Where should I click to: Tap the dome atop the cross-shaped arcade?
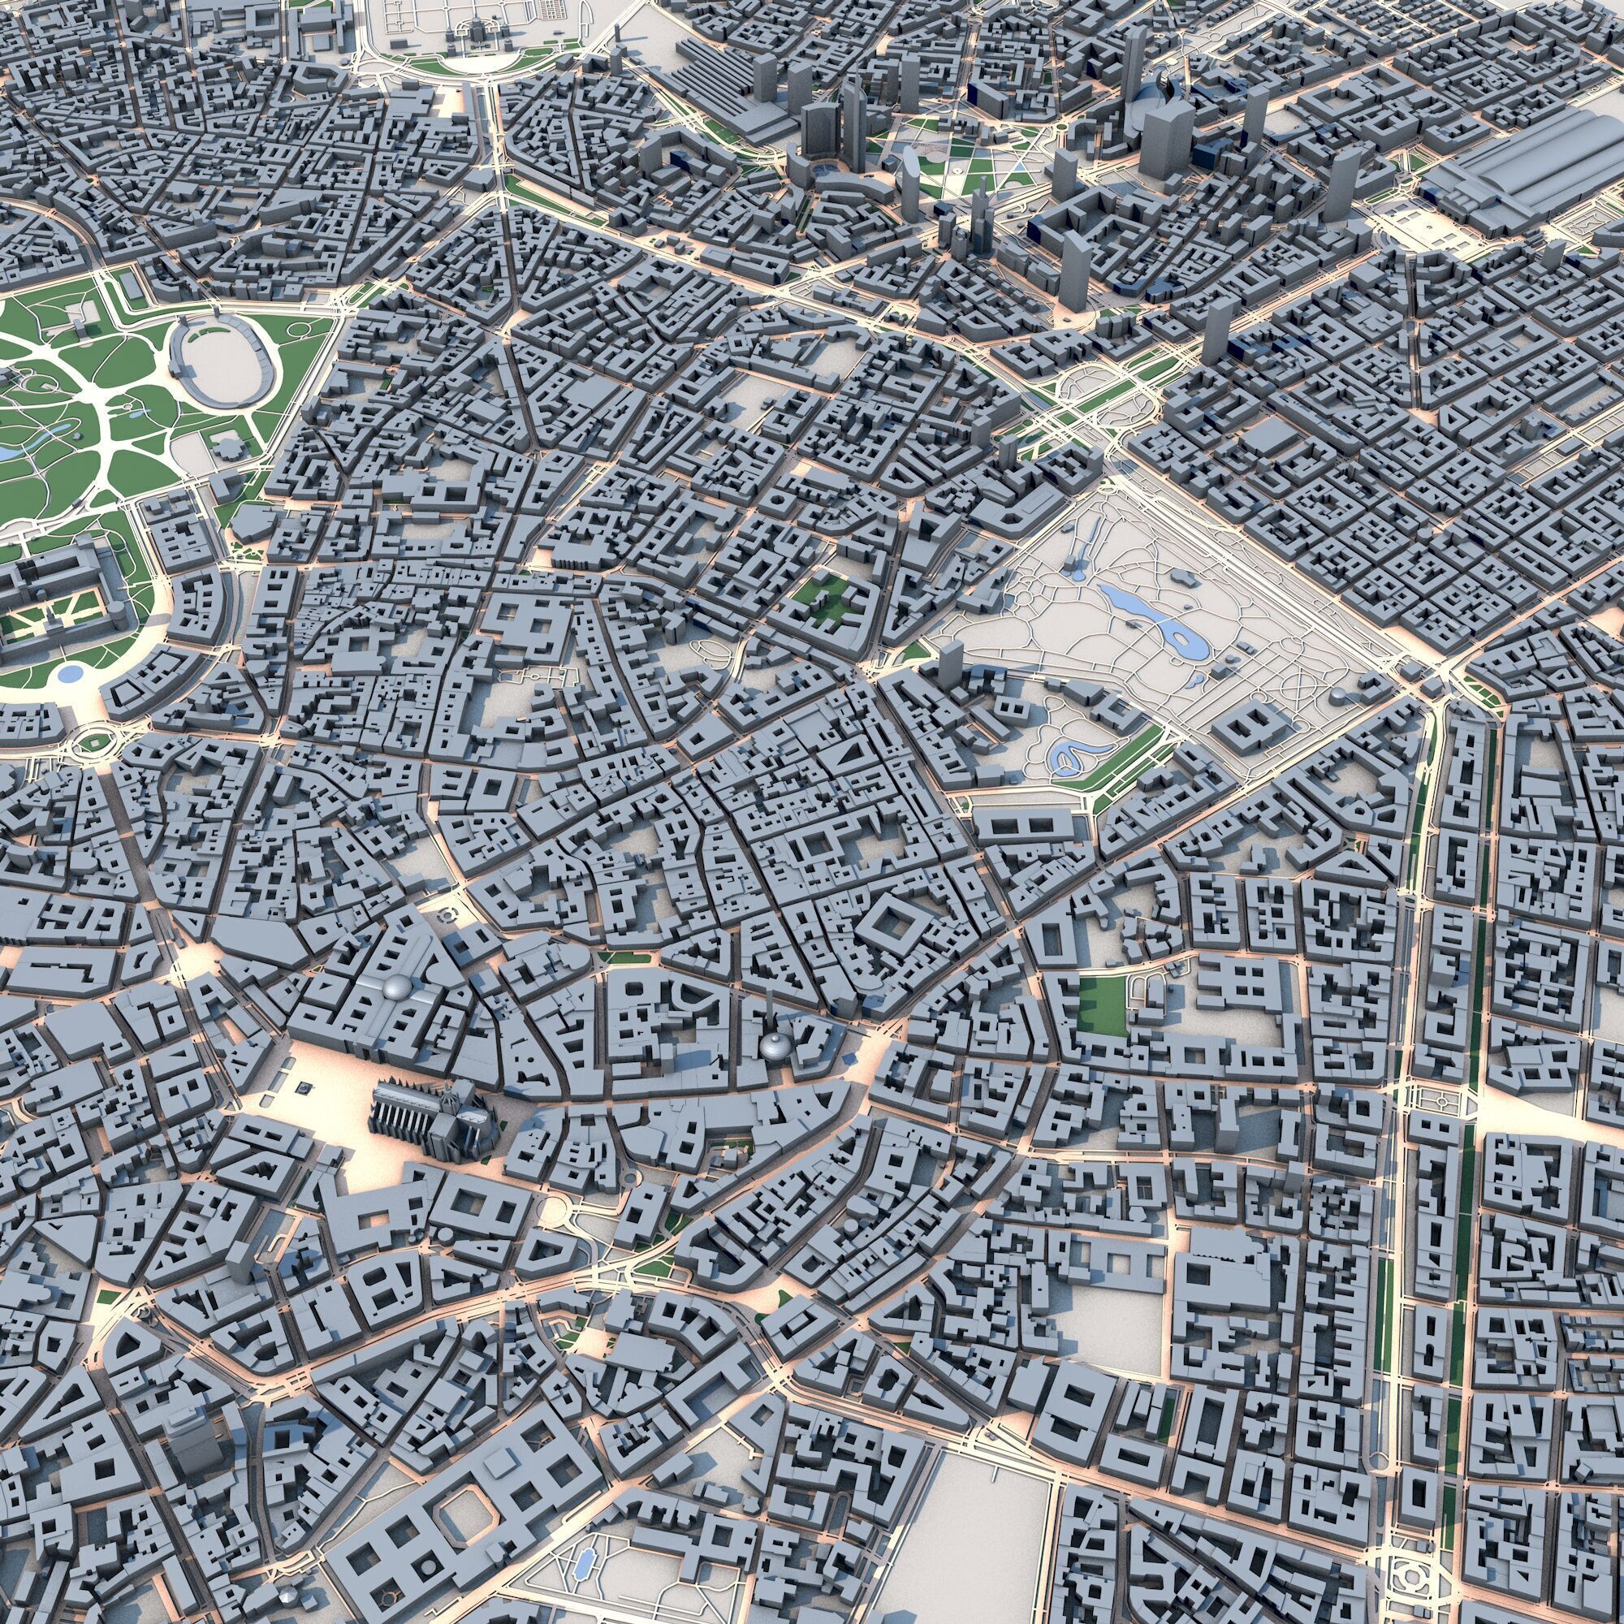coord(395,988)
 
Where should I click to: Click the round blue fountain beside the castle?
coord(71,672)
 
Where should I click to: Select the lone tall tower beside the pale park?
coord(950,664)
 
